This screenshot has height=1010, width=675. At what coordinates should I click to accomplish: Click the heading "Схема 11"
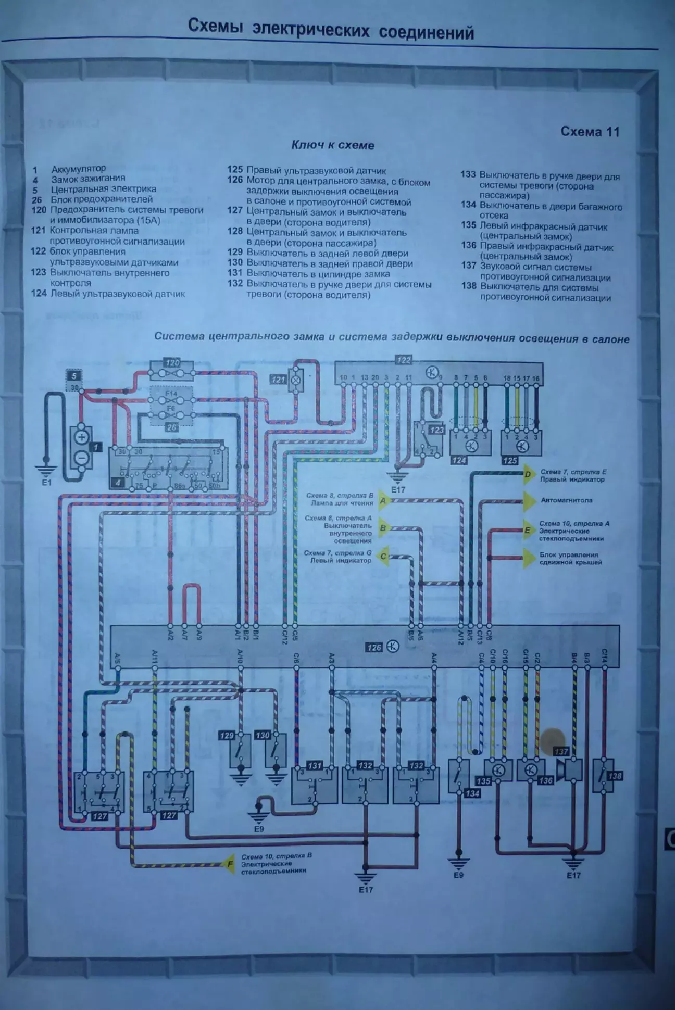[590, 132]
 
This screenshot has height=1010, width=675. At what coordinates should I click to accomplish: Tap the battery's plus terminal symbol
[82, 437]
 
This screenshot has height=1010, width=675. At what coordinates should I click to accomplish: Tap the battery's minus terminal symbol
[82, 458]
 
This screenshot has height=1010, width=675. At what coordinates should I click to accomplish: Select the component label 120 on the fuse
[172, 363]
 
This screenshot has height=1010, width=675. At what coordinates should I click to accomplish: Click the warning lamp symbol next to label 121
[296, 380]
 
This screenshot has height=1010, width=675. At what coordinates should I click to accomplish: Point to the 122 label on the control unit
[404, 360]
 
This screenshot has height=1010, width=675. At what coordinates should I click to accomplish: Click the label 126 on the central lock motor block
[374, 648]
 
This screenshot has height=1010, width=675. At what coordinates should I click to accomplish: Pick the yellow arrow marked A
[383, 501]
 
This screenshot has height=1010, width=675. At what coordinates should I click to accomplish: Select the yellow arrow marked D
[528, 474]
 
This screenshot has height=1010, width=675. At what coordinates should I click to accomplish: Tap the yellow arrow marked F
[229, 865]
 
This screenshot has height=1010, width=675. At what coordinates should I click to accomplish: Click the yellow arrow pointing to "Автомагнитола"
[529, 501]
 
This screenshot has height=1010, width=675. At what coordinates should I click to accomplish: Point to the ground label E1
[47, 483]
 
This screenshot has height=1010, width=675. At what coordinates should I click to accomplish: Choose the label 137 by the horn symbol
[561, 752]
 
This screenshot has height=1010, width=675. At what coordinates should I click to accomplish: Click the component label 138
[615, 776]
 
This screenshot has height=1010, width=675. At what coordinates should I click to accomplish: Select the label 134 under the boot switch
[472, 793]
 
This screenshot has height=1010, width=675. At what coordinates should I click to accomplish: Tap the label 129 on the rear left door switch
[227, 736]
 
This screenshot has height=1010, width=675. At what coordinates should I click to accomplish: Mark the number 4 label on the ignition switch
[118, 483]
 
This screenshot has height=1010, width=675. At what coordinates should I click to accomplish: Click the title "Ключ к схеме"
[332, 145]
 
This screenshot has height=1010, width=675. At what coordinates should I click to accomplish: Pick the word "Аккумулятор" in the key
[78, 169]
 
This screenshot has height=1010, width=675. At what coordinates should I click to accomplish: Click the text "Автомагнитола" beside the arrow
[567, 500]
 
